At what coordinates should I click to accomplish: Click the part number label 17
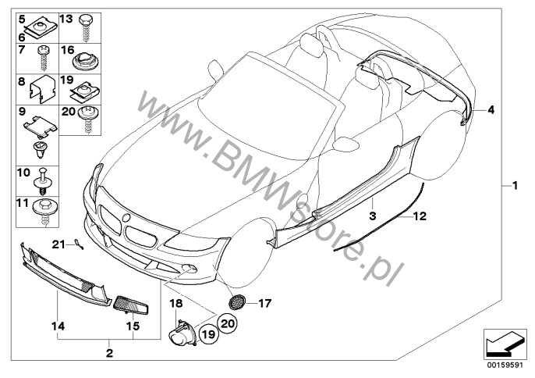265,303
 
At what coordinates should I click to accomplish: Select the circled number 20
228,323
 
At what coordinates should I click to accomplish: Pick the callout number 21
58,244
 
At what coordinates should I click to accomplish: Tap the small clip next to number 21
79,244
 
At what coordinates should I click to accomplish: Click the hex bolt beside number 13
84,27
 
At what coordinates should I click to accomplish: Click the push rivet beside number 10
43,181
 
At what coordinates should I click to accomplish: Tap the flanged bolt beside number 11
44,212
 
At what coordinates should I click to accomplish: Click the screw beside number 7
43,58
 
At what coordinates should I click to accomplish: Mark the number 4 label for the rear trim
491,110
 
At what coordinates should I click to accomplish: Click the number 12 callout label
420,216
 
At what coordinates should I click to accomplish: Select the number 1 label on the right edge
516,186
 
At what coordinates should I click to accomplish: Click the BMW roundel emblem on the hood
126,218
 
